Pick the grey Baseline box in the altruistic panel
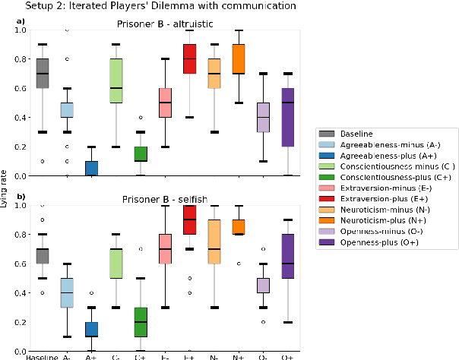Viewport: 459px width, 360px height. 43,74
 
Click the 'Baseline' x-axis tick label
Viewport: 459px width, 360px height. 43,355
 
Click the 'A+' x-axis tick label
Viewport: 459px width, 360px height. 90,355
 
